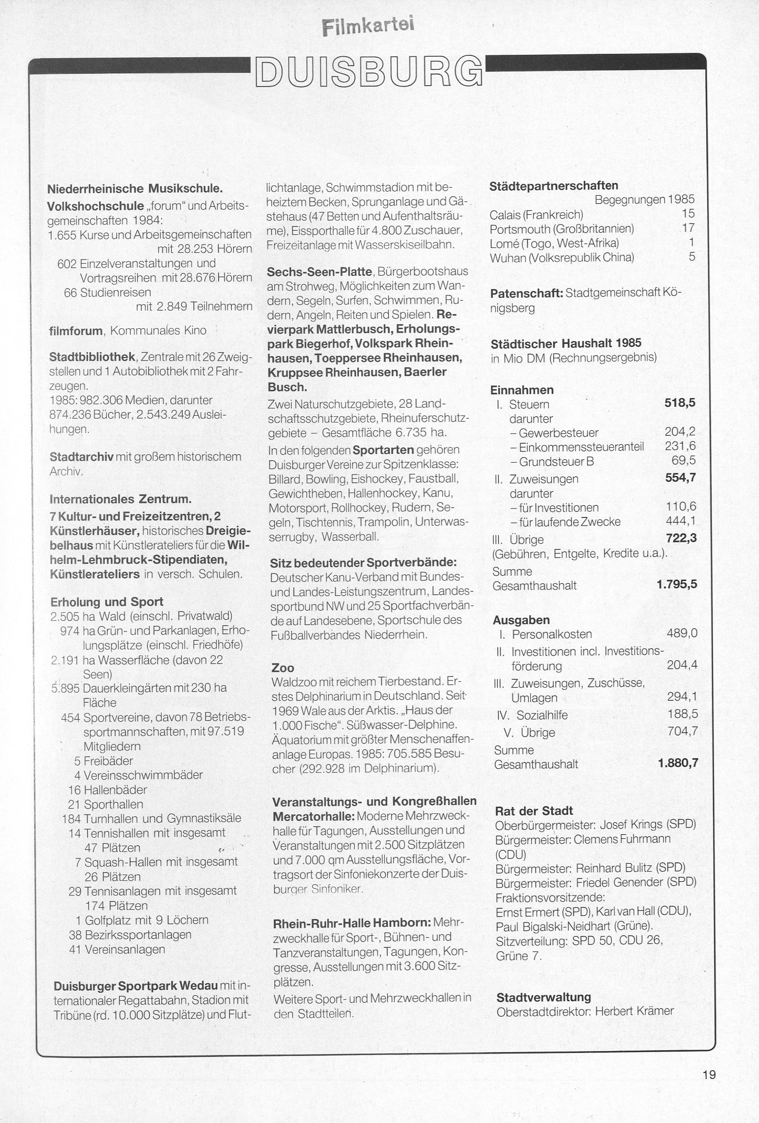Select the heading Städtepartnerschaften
[x=554, y=186]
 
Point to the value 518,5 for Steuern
[x=680, y=403]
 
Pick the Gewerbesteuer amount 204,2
[x=680, y=431]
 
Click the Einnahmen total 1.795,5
[x=676, y=584]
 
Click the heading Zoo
[x=283, y=668]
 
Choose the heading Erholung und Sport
[x=107, y=602]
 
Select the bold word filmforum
[x=76, y=331]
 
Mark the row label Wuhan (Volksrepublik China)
[x=562, y=257]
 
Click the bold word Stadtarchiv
[x=82, y=457]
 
